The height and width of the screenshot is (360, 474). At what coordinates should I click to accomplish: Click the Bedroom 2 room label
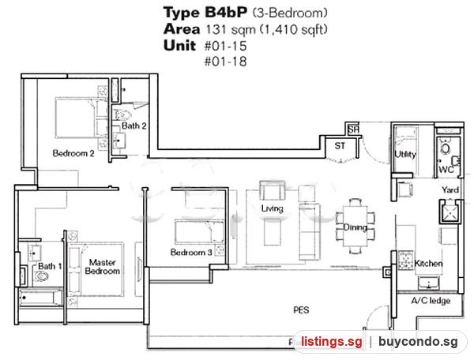coord(73,153)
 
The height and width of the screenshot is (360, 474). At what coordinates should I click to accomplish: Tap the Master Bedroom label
coord(102,267)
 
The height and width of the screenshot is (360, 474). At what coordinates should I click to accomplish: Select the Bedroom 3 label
coord(191,252)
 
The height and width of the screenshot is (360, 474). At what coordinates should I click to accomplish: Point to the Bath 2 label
coord(134,126)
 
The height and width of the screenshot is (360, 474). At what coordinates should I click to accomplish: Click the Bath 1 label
coord(50,266)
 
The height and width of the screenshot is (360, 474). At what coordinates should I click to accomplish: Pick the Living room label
coord(272,208)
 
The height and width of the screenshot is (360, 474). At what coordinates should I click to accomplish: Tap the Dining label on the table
coord(355,227)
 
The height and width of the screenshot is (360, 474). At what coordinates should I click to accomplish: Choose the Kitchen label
coord(428,264)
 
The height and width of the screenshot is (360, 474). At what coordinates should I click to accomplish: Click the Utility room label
coord(405,154)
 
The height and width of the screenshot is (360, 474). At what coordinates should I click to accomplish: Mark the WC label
coord(446,170)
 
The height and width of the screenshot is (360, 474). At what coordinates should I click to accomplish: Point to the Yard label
coord(450,189)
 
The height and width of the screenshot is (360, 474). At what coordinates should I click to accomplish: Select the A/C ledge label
coord(431,301)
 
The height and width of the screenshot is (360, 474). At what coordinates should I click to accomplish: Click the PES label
coord(302,309)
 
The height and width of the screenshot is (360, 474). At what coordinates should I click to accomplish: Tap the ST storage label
coord(340,146)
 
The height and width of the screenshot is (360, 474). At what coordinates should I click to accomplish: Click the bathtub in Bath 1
coord(40,298)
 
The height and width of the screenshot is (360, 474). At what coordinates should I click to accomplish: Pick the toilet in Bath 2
coord(122,114)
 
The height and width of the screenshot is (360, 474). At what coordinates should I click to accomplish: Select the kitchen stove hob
coord(405,261)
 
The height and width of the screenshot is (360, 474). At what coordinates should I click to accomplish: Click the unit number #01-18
coord(225,62)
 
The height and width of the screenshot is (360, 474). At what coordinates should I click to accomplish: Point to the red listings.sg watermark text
coord(332,342)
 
